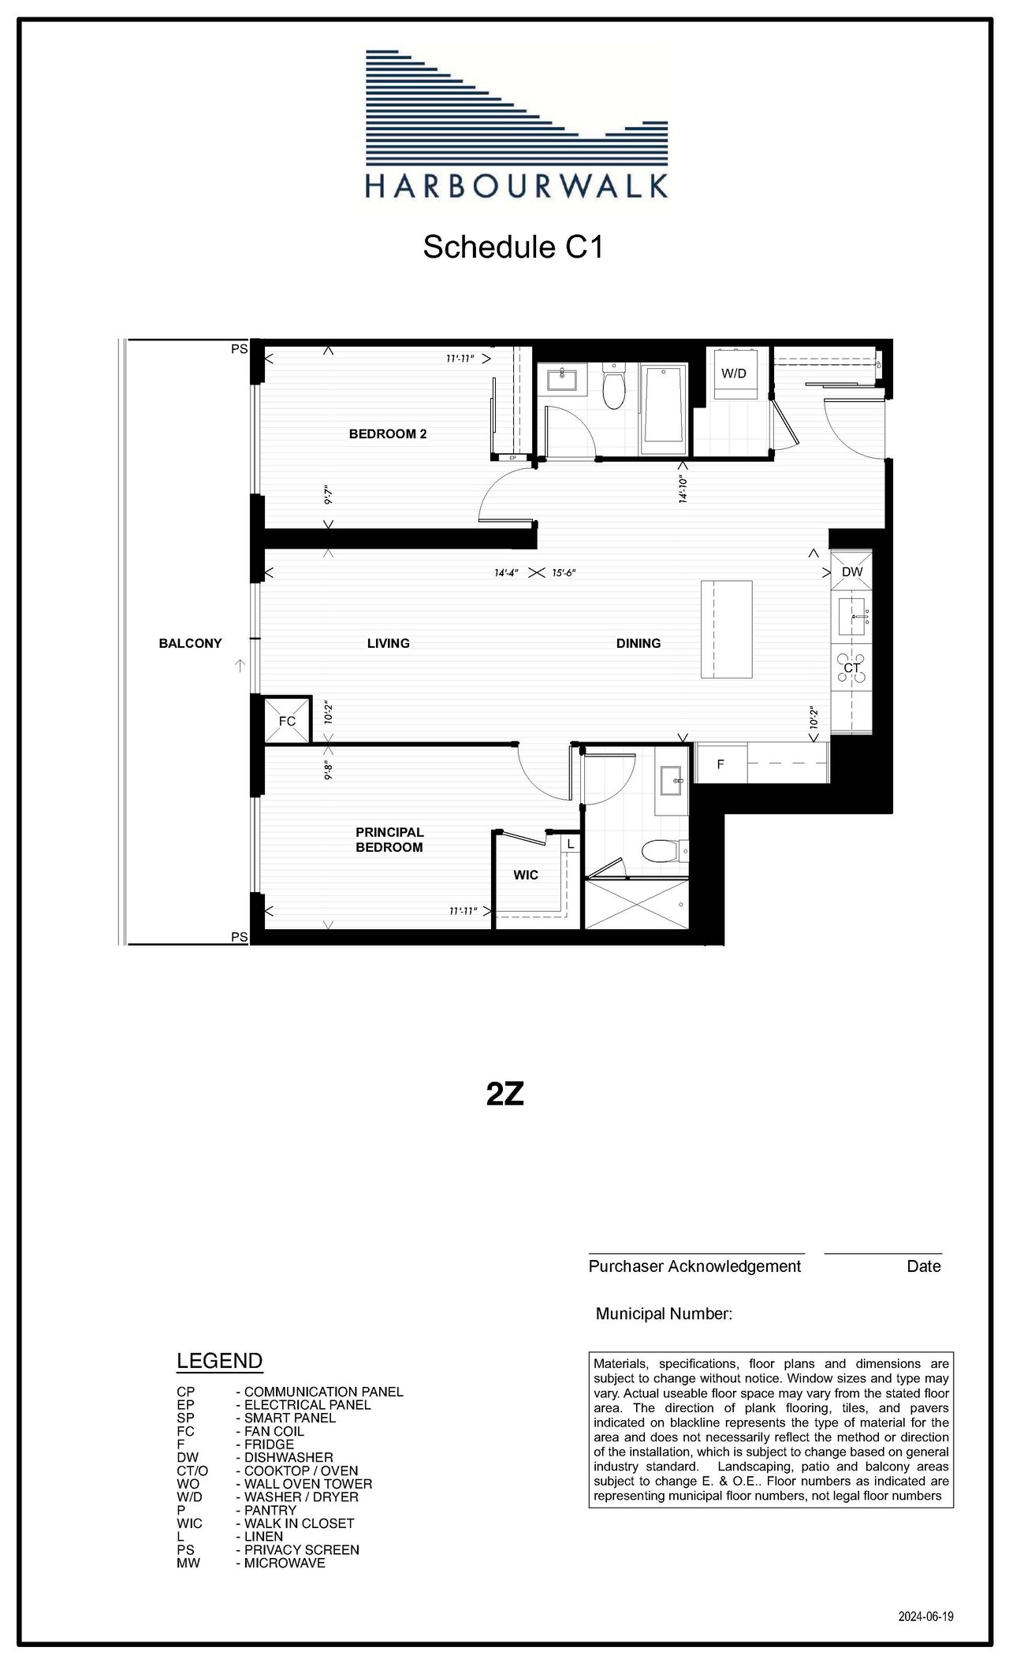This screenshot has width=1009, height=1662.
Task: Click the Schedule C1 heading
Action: (x=513, y=247)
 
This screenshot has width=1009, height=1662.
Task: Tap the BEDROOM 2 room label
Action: (x=388, y=433)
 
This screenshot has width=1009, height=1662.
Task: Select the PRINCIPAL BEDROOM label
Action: (x=389, y=839)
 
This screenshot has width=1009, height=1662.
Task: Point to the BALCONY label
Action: (x=190, y=643)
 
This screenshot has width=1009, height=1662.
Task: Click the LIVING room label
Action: (x=389, y=643)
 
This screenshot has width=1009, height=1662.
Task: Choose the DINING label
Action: (x=639, y=643)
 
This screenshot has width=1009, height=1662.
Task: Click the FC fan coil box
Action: (x=287, y=720)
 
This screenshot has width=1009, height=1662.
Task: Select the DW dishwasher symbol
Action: (x=851, y=571)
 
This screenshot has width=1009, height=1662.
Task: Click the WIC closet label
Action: (x=526, y=875)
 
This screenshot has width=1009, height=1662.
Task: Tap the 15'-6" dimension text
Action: (x=564, y=573)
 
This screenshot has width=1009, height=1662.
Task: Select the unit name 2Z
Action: (x=505, y=1094)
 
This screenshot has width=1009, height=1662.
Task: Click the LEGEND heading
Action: (x=220, y=1361)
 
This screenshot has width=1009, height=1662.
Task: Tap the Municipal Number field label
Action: (x=664, y=1314)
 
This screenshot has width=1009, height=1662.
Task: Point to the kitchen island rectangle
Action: (x=727, y=629)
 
